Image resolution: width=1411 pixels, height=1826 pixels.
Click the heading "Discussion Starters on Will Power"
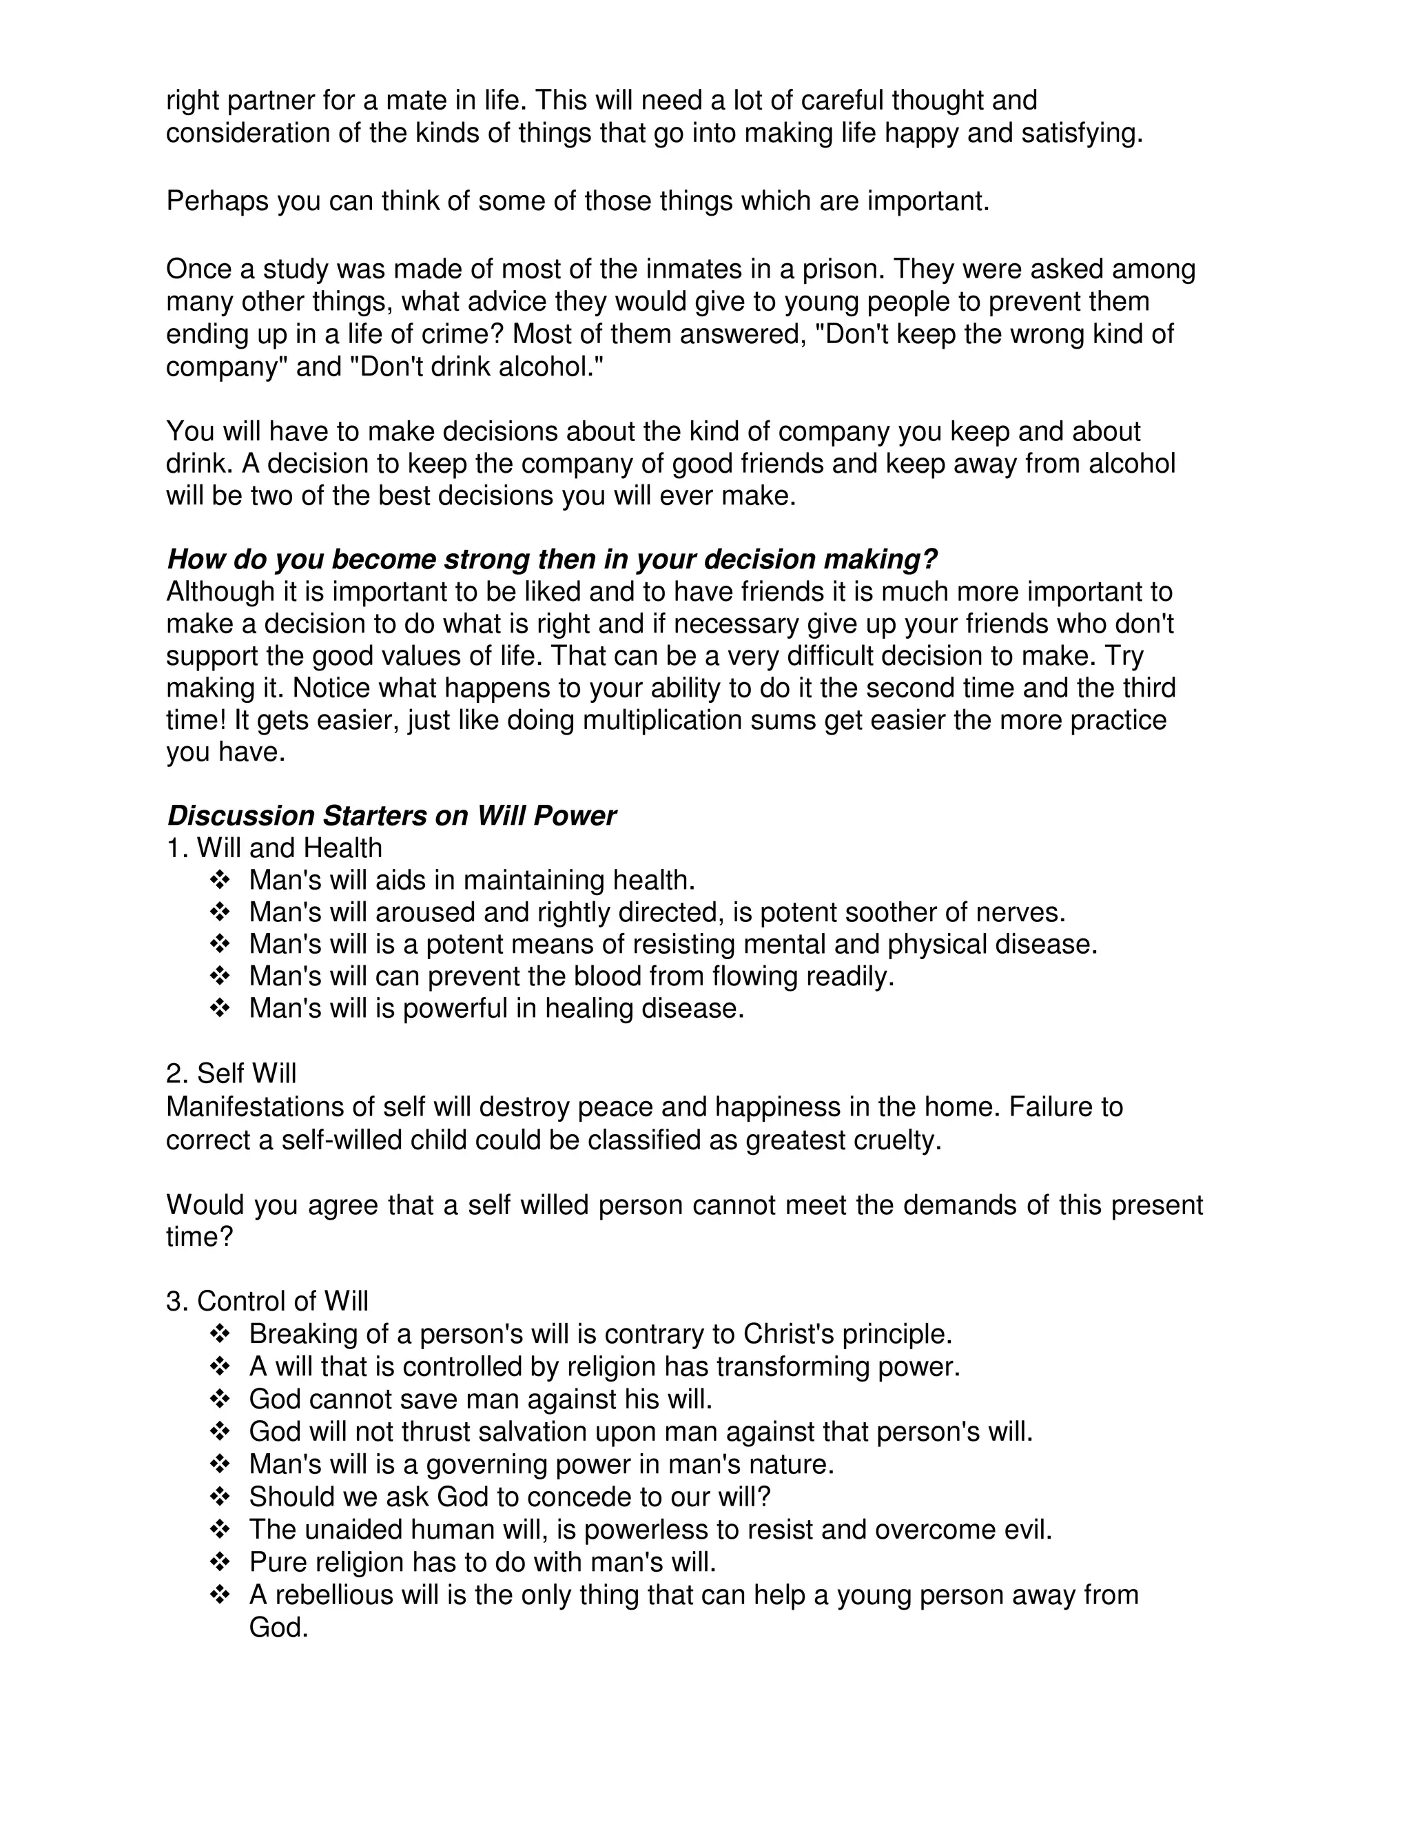coord(391,815)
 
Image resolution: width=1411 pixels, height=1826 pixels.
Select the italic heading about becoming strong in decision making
coord(552,559)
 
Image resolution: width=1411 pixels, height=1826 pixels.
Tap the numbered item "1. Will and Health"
coord(274,848)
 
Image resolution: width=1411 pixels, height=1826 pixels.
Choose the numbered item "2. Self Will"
coord(231,1074)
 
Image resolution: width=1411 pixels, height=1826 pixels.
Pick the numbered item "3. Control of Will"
coord(267,1301)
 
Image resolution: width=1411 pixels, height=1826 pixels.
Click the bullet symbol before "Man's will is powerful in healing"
coord(219,1008)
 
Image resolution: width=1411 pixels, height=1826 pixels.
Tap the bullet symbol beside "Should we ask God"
coord(219,1496)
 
